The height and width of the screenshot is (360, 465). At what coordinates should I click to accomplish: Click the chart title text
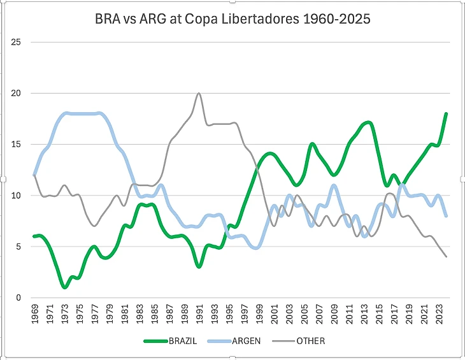[232, 20]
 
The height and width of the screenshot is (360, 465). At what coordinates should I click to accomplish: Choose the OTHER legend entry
[310, 341]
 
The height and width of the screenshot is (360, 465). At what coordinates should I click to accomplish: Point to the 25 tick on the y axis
[17, 42]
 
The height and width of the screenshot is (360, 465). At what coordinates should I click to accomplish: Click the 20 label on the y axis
[17, 93]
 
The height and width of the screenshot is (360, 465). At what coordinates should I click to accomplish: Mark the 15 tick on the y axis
[17, 145]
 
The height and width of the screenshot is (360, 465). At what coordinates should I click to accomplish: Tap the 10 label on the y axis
[17, 196]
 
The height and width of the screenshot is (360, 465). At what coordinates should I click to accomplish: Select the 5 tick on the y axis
[19, 247]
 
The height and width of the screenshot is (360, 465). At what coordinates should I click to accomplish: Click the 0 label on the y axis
[19, 298]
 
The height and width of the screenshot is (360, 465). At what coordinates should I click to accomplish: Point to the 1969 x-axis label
[34, 315]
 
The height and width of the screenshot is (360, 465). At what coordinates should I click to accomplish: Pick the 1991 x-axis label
[199, 315]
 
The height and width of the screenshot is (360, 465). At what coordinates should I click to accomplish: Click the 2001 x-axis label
[274, 315]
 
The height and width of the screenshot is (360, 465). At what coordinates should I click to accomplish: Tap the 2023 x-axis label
[439, 315]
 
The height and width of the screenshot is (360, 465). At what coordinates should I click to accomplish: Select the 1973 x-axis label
[64, 315]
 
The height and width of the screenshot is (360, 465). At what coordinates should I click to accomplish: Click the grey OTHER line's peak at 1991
[199, 94]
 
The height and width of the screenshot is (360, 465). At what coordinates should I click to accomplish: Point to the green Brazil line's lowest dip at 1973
[64, 287]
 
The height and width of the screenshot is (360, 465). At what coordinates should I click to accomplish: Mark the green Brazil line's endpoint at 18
[446, 114]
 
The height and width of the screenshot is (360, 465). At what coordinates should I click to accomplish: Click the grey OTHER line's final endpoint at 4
[446, 257]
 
